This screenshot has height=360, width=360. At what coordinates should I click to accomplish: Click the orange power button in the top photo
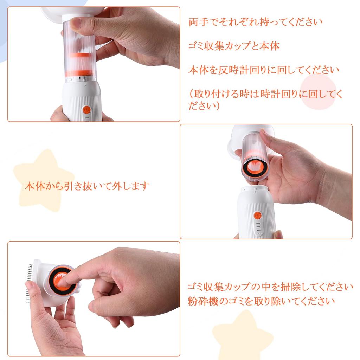(x=86, y=110)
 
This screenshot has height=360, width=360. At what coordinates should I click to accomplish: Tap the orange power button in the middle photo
(x=258, y=216)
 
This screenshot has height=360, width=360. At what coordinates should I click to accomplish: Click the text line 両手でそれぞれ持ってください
(x=256, y=22)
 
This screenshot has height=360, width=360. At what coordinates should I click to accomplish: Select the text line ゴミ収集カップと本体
(x=234, y=46)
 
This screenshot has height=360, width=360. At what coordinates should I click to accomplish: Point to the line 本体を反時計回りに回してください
(x=264, y=70)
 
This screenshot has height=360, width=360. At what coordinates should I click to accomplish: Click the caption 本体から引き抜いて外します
(x=87, y=186)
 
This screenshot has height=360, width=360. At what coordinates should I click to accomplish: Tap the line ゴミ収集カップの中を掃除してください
(x=270, y=287)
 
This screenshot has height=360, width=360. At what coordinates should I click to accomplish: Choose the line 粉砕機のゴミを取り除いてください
(x=261, y=301)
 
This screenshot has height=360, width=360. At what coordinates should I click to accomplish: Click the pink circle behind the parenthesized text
(x=318, y=92)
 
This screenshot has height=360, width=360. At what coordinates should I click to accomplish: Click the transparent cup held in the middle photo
(x=255, y=156)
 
